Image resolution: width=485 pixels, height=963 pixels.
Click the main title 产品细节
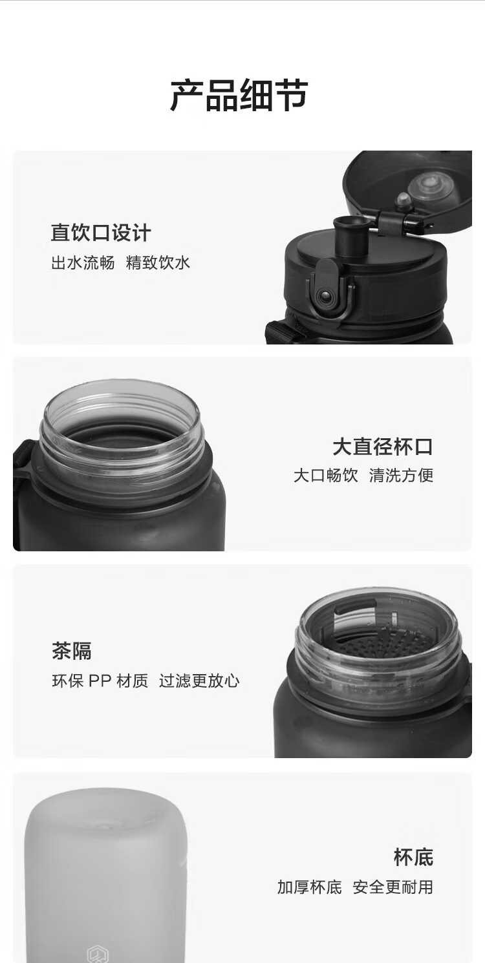tap(239, 96)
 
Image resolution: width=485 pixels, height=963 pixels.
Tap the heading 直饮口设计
tap(101, 233)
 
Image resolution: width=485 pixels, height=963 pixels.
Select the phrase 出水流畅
tap(83, 263)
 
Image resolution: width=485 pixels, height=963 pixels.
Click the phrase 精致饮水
tap(158, 263)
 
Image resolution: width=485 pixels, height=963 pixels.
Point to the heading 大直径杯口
tap(382, 447)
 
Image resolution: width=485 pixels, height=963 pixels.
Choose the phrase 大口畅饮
tap(325, 476)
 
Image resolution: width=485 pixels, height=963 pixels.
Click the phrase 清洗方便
tap(401, 476)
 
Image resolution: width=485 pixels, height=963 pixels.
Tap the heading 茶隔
tap(71, 651)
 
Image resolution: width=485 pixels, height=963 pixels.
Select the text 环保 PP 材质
tap(100, 681)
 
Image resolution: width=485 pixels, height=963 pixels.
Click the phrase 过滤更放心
tap(199, 681)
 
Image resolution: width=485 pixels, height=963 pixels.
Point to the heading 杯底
tap(413, 858)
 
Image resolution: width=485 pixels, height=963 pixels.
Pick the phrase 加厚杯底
tap(309, 887)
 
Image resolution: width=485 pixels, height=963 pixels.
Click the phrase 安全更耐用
tap(393, 887)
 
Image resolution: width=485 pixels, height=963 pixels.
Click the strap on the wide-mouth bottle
tap(23, 465)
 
